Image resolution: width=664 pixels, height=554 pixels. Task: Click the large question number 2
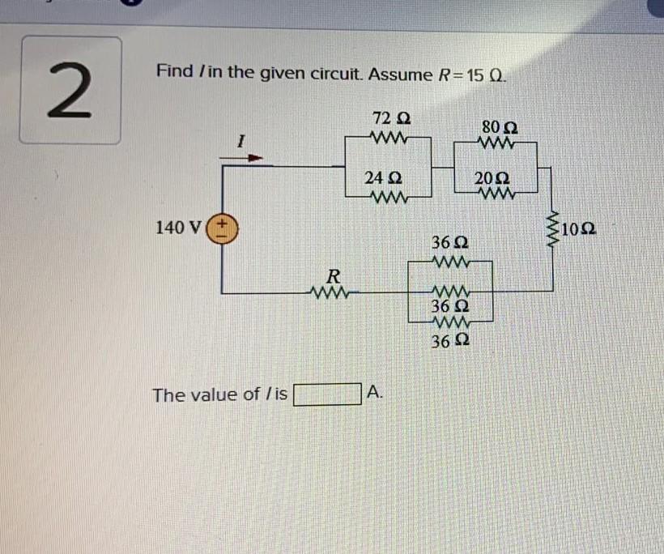coord(70,90)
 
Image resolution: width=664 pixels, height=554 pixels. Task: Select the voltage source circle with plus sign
coord(221,228)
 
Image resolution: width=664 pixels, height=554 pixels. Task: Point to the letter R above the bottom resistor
coord(332,272)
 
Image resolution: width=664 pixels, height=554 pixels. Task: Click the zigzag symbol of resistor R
coord(331,290)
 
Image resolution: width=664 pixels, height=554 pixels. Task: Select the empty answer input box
coord(327,394)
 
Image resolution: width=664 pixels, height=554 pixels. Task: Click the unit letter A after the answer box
coord(372,393)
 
